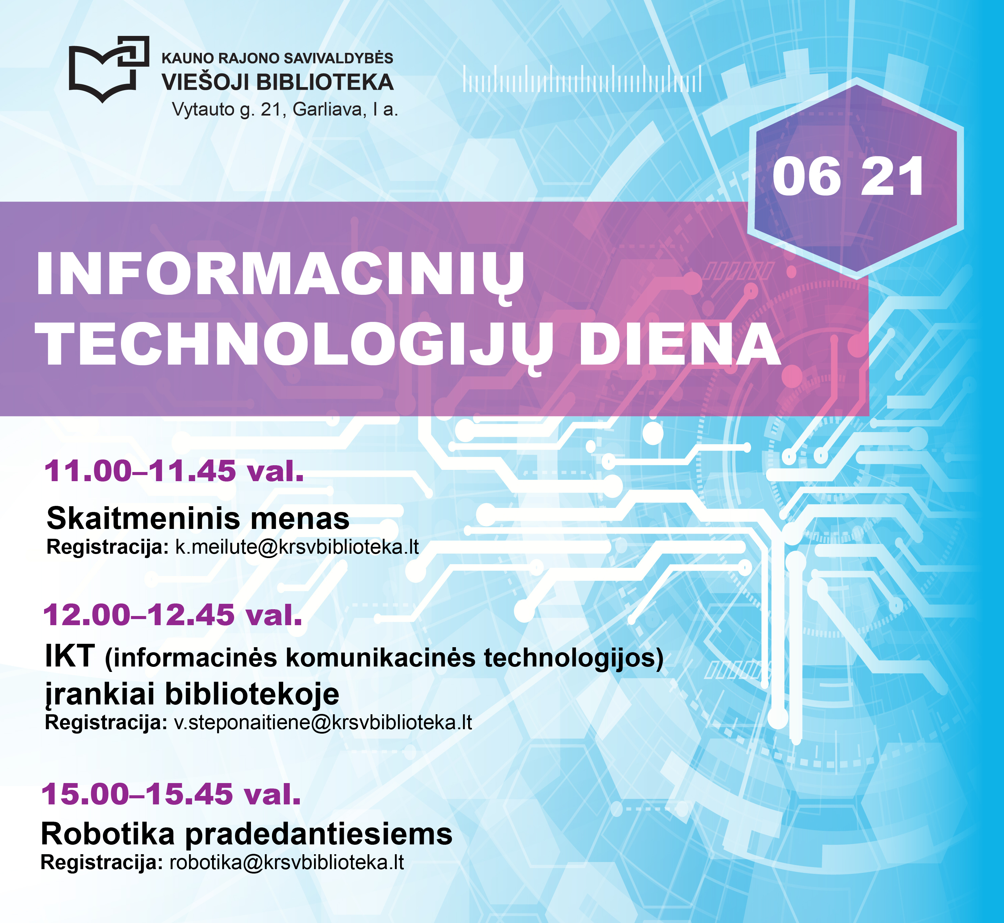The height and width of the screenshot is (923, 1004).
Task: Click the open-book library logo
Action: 109,69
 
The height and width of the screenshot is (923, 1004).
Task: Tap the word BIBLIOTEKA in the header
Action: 325,82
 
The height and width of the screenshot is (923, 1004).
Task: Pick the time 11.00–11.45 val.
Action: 174,471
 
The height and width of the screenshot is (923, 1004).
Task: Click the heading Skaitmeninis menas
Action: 198,518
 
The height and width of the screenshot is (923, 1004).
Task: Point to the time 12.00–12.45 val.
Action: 173,614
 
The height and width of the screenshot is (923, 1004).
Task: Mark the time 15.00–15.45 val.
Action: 171,794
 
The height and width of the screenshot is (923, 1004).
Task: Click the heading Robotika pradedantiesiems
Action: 247,834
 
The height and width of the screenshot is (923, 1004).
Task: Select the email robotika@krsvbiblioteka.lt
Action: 287,863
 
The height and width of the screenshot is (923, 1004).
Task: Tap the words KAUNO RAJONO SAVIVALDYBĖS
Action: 277,58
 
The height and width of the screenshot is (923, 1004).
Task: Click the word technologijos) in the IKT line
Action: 574,658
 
